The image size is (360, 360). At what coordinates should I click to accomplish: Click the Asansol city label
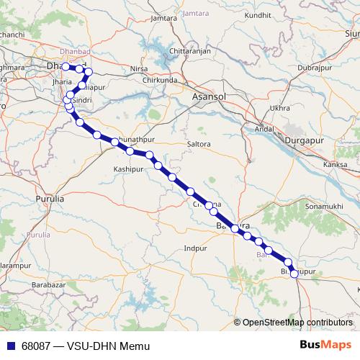pyautogui.click(x=210, y=96)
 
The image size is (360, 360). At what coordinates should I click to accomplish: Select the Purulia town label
pyautogui.click(x=50, y=197)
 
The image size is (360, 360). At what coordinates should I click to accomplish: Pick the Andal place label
pyautogui.click(x=264, y=130)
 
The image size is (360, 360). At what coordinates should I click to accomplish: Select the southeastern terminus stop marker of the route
pyautogui.click(x=294, y=274)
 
